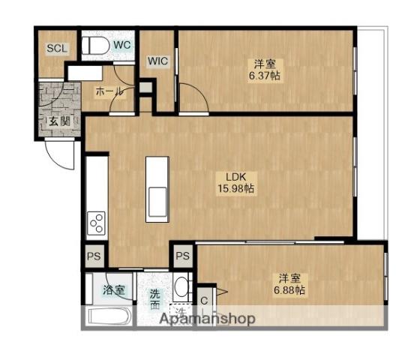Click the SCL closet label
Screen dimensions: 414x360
(x=57, y=48)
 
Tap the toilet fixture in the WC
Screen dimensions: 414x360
(x=95, y=46)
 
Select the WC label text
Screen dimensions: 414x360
(x=122, y=45)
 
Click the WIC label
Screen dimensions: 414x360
(x=157, y=61)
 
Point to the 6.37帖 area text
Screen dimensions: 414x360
(x=265, y=76)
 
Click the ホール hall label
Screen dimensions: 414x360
(x=109, y=91)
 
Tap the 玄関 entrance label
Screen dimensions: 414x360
(x=60, y=121)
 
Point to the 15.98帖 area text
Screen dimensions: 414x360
(x=235, y=188)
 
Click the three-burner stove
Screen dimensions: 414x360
(x=96, y=223)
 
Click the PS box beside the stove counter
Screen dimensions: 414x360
(x=94, y=256)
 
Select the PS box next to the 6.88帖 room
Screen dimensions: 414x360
(x=183, y=256)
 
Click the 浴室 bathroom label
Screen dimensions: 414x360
(x=113, y=290)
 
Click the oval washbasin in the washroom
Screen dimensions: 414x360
(x=181, y=286)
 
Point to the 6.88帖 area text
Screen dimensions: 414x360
(x=289, y=290)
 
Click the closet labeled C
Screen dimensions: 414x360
(x=204, y=301)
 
